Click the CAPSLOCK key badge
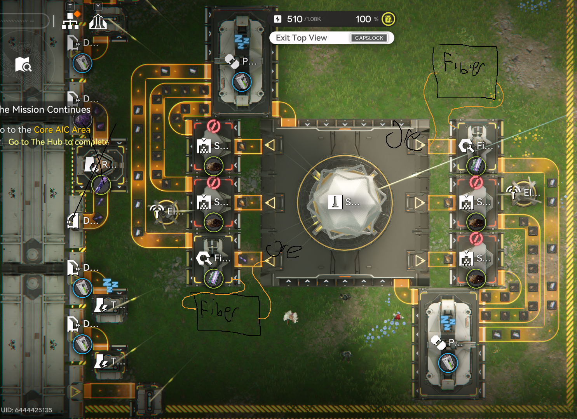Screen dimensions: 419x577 [369, 38]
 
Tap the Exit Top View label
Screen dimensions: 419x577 [301, 38]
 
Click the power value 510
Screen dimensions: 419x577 [294, 19]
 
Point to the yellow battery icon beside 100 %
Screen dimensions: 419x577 [388, 19]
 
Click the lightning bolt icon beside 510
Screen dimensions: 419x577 [277, 19]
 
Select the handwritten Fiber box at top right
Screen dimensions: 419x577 [465, 72]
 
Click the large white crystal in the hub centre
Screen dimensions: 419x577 [345, 202]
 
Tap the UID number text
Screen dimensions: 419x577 [26, 410]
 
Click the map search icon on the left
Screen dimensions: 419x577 [23, 65]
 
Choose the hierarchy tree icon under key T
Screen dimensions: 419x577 [70, 21]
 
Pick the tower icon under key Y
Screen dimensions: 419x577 [98, 22]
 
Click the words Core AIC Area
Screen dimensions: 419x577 [62, 130]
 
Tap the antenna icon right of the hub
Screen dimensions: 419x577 [514, 193]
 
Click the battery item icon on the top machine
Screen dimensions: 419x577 [242, 82]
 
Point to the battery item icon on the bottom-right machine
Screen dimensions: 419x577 [448, 363]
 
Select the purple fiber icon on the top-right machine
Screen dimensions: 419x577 [476, 166]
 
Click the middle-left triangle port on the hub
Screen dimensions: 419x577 [270, 202]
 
